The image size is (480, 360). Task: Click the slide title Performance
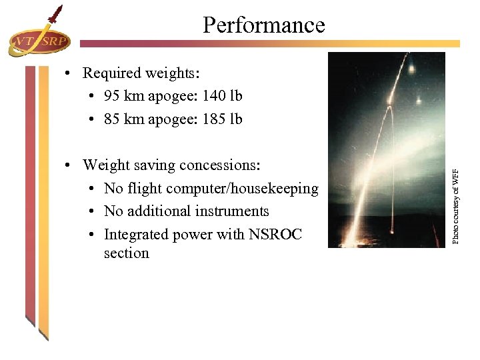[263, 25]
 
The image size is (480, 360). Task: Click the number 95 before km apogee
[113, 96]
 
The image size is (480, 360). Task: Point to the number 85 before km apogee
[113, 119]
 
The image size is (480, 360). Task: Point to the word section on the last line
[127, 253]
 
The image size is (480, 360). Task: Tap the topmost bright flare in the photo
[412, 69]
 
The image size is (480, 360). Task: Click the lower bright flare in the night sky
[419, 101]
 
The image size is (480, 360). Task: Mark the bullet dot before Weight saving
[69, 165]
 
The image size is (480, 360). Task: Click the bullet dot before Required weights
[69, 73]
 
